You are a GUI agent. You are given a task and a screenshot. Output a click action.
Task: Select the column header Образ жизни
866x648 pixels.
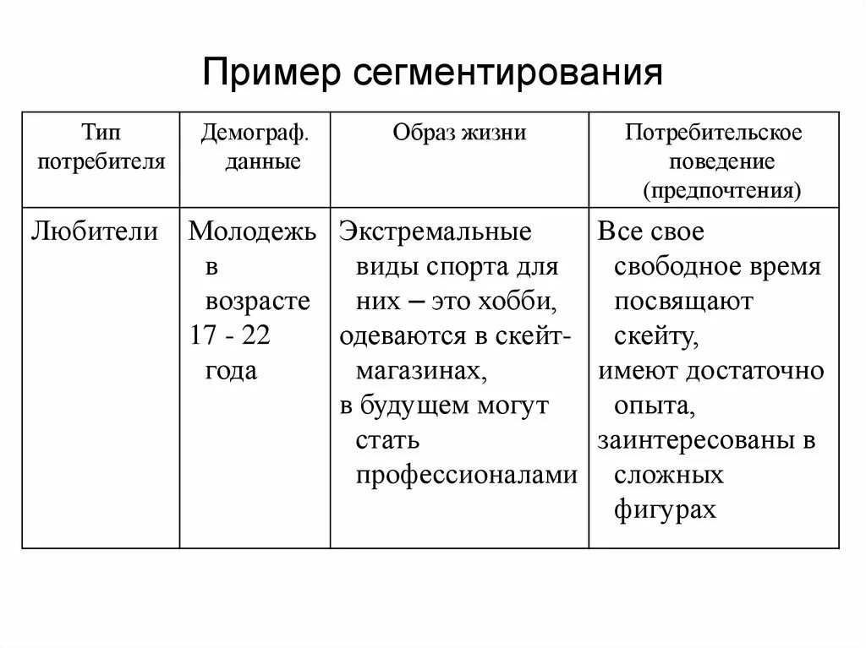click(x=459, y=133)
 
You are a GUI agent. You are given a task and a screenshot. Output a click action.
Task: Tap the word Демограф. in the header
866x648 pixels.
click(x=255, y=133)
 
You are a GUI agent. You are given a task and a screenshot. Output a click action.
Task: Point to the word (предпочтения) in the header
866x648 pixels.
click(x=721, y=189)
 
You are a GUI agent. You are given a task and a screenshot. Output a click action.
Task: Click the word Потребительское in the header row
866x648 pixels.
click(x=714, y=133)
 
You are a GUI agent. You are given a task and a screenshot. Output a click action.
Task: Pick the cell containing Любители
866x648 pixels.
click(x=94, y=231)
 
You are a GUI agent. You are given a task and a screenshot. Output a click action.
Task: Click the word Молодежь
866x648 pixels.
click(x=252, y=231)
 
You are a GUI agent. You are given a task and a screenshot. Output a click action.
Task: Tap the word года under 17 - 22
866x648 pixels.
click(x=231, y=370)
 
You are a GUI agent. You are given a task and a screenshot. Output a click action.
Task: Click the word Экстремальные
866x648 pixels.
click(x=436, y=231)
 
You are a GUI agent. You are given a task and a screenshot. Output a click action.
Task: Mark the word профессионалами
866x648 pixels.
click(x=467, y=475)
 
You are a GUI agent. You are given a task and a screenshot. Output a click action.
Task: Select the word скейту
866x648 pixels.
click(x=656, y=336)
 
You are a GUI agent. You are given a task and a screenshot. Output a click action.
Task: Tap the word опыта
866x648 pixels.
click(x=655, y=406)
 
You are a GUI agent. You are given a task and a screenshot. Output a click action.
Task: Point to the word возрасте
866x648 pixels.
click(x=258, y=302)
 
